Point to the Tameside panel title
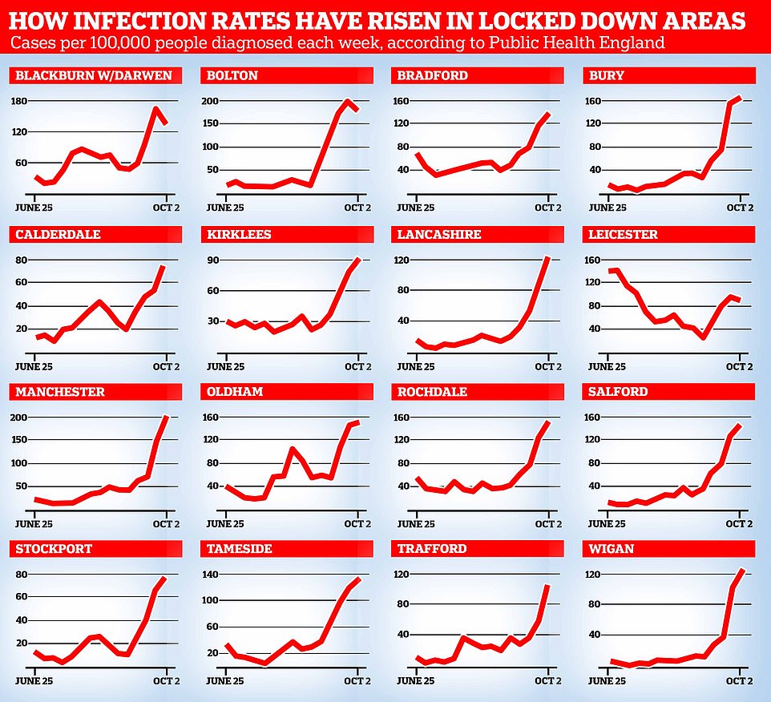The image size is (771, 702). [240, 549]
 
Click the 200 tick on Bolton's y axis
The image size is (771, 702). [210, 101]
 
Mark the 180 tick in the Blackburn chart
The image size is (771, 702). [20, 101]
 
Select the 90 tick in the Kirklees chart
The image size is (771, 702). [212, 260]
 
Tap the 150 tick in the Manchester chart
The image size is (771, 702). [20, 440]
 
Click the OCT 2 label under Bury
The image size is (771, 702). [739, 208]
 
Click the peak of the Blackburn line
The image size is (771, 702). [155, 109]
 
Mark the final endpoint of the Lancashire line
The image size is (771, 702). [548, 257]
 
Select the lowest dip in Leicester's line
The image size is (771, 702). [703, 337]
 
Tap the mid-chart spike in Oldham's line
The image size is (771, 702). [292, 450]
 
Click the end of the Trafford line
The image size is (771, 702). [548, 586]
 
